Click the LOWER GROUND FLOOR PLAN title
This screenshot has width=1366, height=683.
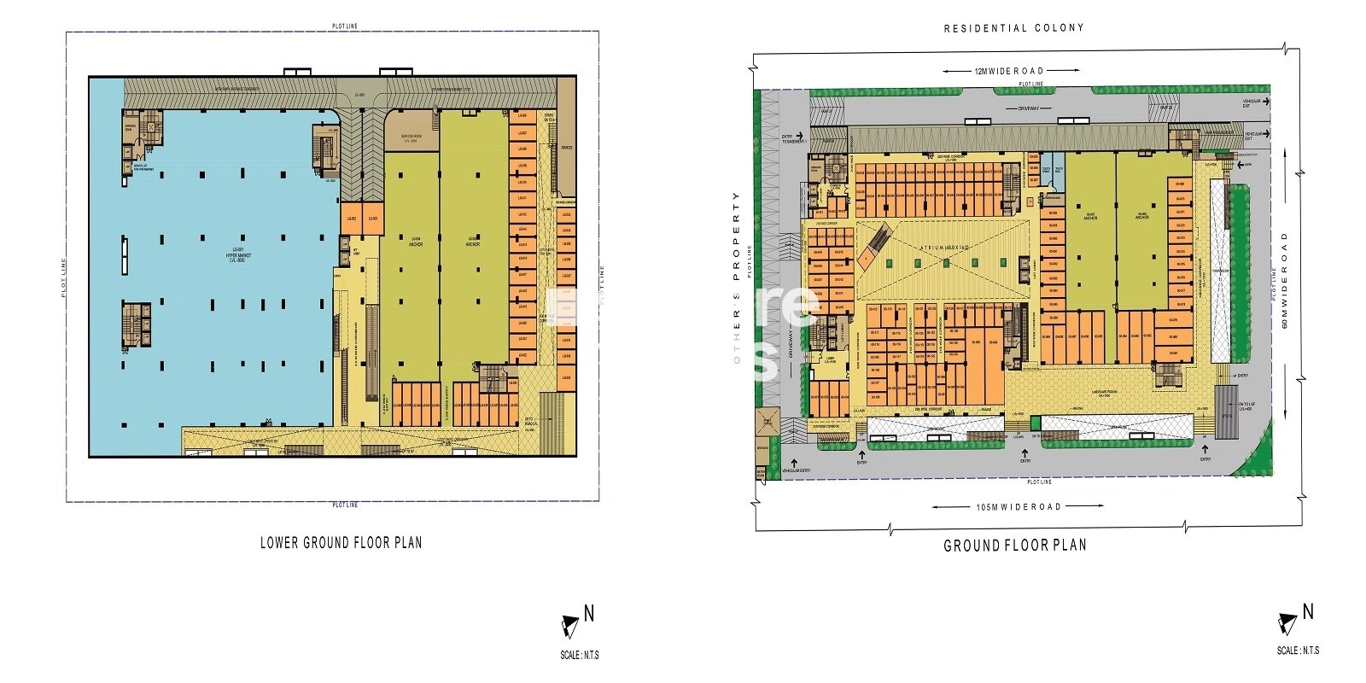click(x=341, y=542)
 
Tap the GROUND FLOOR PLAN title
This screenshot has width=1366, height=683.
click(x=1014, y=546)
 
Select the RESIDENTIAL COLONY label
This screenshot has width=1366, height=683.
click(x=1013, y=28)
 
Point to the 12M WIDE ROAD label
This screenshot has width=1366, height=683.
click(x=1008, y=71)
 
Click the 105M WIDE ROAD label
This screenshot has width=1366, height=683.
click(x=1019, y=506)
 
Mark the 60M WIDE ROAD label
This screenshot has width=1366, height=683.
click(x=1284, y=282)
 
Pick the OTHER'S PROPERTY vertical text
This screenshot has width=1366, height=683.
click(x=736, y=277)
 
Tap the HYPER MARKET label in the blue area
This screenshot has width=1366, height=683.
click(x=227, y=253)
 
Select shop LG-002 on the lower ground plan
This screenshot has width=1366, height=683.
click(x=351, y=219)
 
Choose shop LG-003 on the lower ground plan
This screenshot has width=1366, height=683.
click(x=372, y=219)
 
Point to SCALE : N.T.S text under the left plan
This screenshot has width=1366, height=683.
click(x=580, y=656)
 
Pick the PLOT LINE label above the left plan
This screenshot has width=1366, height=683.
click(x=345, y=26)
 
